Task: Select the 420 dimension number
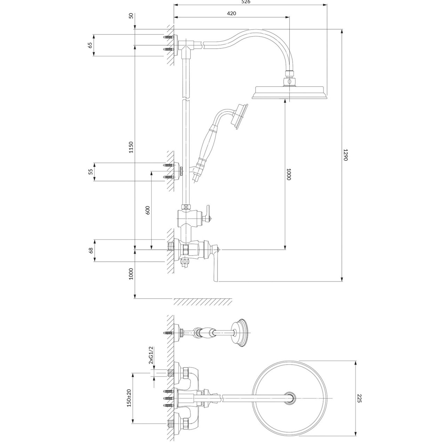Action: point(232,14)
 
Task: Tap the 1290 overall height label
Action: point(345,155)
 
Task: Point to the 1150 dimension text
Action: point(131,147)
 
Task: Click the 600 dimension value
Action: point(148,210)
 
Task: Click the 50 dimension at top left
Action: point(131,16)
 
